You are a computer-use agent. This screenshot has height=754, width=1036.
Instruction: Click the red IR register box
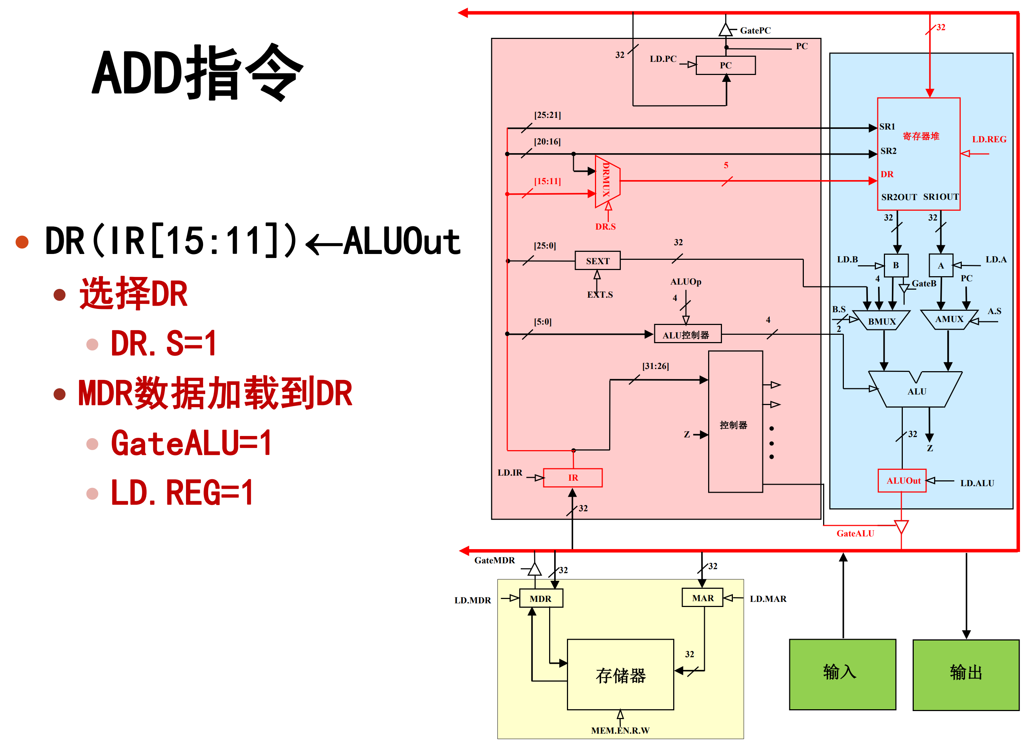coord(572,478)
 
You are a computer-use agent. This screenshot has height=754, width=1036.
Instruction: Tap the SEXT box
coord(598,261)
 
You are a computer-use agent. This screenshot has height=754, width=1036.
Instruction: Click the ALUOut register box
coord(902,480)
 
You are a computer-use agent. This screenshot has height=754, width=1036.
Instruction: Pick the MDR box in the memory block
coord(541,598)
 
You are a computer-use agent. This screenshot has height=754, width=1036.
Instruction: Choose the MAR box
coord(703,598)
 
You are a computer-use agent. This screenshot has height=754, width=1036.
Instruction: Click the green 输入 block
coord(842,674)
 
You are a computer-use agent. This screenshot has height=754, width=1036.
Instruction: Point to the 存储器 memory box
coord(620,675)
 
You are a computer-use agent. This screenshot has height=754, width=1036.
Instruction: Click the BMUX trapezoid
coord(882,321)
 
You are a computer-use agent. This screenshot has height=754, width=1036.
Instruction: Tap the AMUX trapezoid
coord(949,319)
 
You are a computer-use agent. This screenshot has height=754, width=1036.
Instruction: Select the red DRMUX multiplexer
coord(607,181)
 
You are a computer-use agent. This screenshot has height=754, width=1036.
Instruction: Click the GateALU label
coord(855,533)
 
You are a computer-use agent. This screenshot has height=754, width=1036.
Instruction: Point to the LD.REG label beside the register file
coord(989,139)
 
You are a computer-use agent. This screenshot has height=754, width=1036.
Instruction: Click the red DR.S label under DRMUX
coord(605,226)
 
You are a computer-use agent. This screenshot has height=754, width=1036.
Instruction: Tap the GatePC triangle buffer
coord(725,31)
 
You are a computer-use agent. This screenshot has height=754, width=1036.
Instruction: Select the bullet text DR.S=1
coord(163,343)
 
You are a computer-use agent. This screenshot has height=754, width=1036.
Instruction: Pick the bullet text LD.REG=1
coord(182,492)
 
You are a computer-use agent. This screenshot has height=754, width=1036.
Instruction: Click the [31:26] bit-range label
coord(655,366)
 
